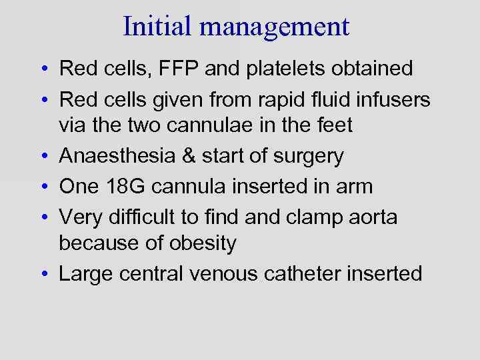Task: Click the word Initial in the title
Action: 159,26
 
